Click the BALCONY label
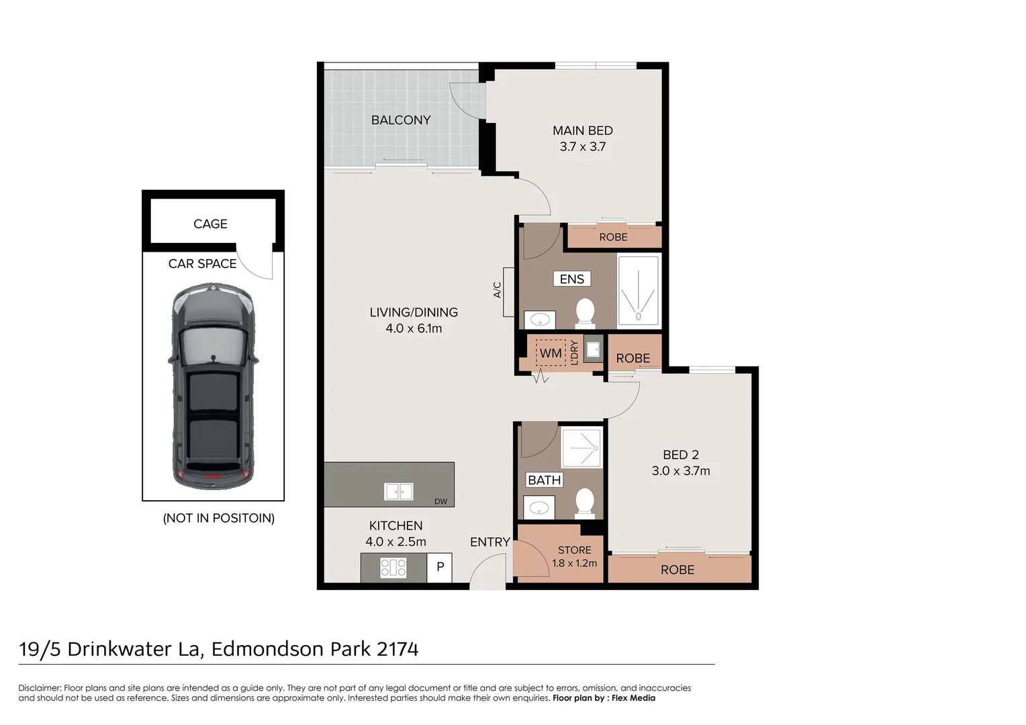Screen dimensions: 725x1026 [x=401, y=120]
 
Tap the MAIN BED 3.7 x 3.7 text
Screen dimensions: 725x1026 [x=582, y=139]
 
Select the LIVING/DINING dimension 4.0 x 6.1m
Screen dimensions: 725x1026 [x=414, y=328]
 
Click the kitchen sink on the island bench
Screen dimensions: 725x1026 [x=399, y=491]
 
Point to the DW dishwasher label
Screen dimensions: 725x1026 [x=440, y=501]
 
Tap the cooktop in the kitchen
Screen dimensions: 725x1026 [x=393, y=568]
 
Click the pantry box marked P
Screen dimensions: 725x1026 [x=440, y=567]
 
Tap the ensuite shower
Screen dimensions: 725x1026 [x=638, y=291]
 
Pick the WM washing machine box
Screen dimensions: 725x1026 [x=551, y=353]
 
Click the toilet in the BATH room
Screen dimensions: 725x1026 [x=585, y=502]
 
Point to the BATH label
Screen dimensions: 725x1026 [x=545, y=480]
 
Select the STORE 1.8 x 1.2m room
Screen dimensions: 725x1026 [x=574, y=557]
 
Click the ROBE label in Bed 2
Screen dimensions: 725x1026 [x=678, y=570]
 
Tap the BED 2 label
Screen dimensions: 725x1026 [x=680, y=454]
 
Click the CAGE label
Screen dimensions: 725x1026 [x=210, y=224]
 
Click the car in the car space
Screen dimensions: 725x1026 [x=213, y=387]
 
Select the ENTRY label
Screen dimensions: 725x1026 [x=490, y=542]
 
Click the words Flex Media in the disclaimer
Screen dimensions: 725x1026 [x=633, y=698]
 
